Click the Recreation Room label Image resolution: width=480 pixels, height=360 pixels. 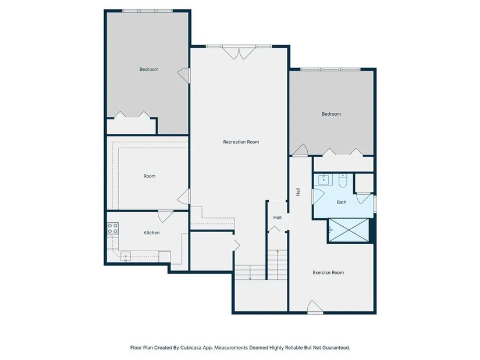(x=241, y=142)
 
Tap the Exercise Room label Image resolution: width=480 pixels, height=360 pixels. (x=328, y=272)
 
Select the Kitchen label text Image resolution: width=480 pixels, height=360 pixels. (x=151, y=233)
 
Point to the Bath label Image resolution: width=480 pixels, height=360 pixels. (x=342, y=202)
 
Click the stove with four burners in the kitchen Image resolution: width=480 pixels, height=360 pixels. (x=113, y=229)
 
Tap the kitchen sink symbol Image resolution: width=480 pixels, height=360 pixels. (x=126, y=256)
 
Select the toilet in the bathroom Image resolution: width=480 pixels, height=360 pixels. (x=343, y=181)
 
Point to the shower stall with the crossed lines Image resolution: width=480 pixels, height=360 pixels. (x=349, y=230)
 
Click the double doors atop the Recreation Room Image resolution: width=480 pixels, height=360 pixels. (x=239, y=53)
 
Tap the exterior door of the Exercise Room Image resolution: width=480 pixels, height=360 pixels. (x=315, y=307)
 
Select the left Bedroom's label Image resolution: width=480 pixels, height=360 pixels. (x=149, y=69)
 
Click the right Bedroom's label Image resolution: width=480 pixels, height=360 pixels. (x=331, y=114)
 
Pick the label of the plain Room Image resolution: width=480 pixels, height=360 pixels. (x=150, y=176)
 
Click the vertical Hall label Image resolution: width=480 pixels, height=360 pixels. (x=298, y=192)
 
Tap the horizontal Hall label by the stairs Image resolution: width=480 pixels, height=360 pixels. (x=278, y=218)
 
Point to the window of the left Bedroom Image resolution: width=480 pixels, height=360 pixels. (x=148, y=10)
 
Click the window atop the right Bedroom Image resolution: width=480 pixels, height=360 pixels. (x=330, y=69)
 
